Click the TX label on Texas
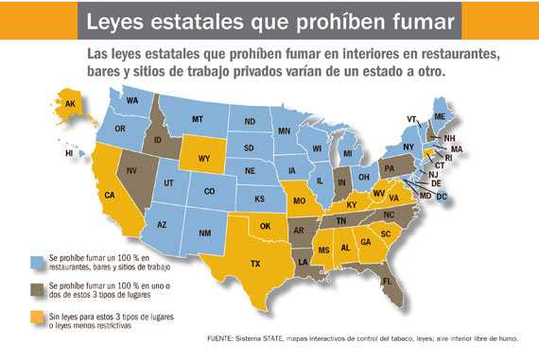coord(254,265)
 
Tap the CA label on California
coord(110,196)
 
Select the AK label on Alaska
coord(68,106)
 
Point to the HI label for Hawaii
coord(69,152)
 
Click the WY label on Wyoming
coord(204,159)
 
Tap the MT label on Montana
coord(199,119)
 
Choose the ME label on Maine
coord(439,115)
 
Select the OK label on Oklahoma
coord(267,226)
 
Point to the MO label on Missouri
coord(300,201)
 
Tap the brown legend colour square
coord(38,288)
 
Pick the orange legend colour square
coord(38,316)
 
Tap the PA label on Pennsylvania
coord(388,168)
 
